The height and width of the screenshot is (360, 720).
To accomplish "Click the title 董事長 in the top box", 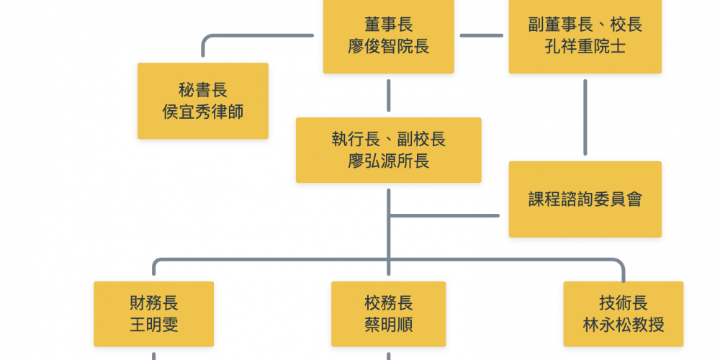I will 388,25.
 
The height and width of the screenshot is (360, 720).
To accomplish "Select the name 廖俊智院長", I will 388,48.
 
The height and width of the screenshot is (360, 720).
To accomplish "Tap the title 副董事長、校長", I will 585,25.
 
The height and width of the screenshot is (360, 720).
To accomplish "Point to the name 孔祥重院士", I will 585,48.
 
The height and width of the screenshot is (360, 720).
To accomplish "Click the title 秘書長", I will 203,90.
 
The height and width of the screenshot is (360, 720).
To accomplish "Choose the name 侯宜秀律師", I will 203,112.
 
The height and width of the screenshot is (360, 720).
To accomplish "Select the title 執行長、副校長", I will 388,139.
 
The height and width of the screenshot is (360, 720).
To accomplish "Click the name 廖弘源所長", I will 388,161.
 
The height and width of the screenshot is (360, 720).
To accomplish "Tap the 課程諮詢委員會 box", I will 585,199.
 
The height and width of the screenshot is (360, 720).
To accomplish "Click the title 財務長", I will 153,302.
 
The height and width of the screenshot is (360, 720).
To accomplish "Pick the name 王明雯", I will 153,325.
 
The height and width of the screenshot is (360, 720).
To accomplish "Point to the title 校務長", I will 388,302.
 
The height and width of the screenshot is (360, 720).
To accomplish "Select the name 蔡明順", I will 388,325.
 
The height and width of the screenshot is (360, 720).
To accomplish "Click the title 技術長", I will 623,302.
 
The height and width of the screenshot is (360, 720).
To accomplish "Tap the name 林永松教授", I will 623,325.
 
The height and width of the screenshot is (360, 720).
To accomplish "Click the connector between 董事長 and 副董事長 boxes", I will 481,35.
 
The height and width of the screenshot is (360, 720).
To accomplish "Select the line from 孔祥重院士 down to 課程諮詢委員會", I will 585,117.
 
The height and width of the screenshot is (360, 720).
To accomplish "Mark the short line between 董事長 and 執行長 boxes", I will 388,95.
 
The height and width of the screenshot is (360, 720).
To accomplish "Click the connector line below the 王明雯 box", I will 153,355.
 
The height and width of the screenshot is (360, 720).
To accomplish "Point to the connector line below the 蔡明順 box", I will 388,355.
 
